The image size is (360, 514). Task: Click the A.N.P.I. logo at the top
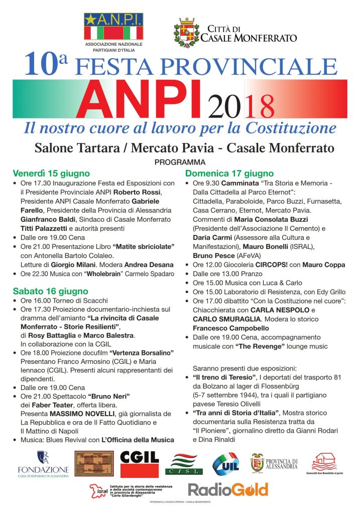113,29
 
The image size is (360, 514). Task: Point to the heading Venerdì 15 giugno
51,173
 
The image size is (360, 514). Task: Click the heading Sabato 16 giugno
50,291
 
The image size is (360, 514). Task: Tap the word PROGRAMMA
180,162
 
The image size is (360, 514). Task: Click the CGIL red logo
140,462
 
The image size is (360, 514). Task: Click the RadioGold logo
228,489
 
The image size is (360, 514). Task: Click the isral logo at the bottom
98,490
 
